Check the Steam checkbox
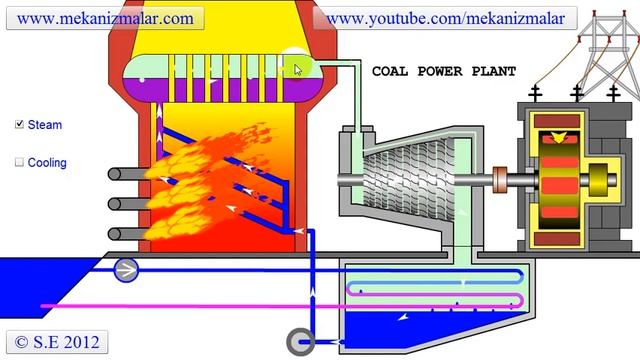click(20, 125)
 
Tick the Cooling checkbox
click(20, 162)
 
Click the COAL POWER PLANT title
click(444, 72)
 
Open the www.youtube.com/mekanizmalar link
click(445, 18)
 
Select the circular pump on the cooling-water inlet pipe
click(127, 269)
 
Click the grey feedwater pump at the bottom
click(299, 341)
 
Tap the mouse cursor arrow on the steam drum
click(298, 68)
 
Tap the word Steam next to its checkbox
click(45, 125)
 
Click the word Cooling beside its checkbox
click(48, 162)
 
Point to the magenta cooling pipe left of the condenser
click(180, 305)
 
